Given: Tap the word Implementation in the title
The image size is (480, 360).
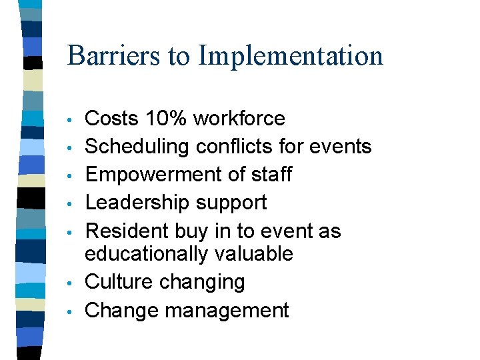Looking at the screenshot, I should pyautogui.click(x=291, y=56).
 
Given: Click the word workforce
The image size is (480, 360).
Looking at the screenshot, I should pyautogui.click(x=239, y=119).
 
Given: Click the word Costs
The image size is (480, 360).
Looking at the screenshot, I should pyautogui.click(x=111, y=119).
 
